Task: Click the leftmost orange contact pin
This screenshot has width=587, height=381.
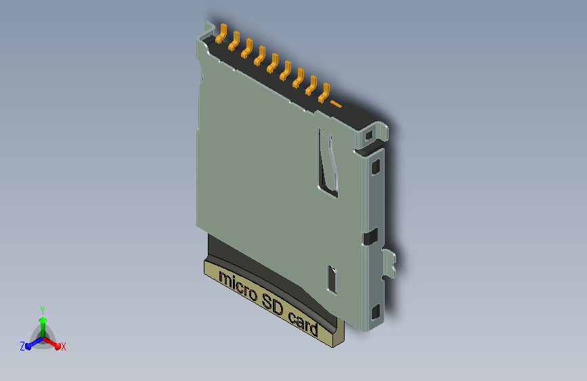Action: (x=221, y=33)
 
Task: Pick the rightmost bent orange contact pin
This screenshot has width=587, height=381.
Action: (x=324, y=93)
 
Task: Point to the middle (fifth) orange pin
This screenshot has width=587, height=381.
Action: (x=273, y=62)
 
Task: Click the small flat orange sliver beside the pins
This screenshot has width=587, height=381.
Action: (x=336, y=104)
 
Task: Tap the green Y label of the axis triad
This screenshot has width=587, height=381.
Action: (x=43, y=310)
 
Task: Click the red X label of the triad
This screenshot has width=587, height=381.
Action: (x=63, y=346)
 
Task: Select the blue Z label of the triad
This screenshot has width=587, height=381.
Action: (x=22, y=346)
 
